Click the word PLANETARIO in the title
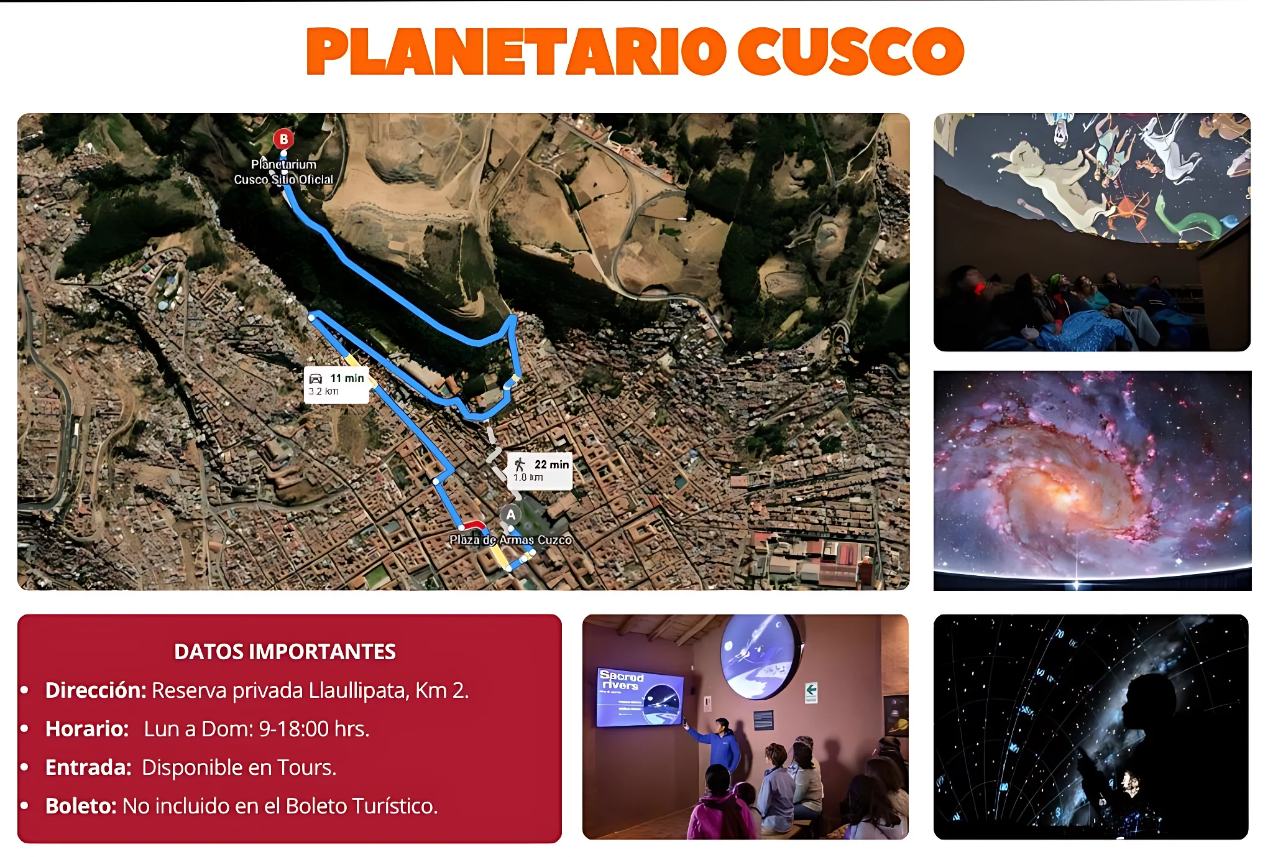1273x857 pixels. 516,52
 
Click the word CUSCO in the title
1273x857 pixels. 850,52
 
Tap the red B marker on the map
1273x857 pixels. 283,139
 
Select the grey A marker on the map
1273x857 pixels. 510,515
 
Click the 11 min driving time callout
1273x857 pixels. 336,384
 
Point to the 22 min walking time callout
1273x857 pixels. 540,470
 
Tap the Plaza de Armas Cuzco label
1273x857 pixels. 510,540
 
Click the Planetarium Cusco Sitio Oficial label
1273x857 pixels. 283,172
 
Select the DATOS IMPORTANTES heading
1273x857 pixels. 285,651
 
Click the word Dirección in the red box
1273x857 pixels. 95,690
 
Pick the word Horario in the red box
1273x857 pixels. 86,729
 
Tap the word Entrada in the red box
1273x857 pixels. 88,767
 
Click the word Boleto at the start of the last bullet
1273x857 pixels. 81,806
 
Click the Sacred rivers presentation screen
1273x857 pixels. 639,697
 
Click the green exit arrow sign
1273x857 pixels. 811,690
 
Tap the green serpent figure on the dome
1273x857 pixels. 1190,221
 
